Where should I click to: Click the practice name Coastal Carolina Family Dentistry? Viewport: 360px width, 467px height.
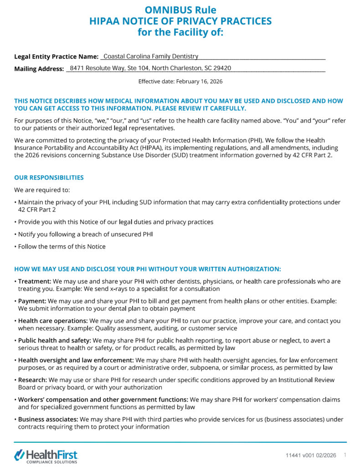click(x=151, y=57)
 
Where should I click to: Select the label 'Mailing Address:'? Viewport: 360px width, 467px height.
click(x=39, y=69)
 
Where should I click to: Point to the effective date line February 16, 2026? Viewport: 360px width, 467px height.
click(x=180, y=82)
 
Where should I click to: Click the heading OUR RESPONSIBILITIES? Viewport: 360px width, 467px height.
click(x=49, y=177)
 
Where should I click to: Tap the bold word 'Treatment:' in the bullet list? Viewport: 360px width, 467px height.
click(x=32, y=281)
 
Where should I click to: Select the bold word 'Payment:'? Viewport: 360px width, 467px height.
click(x=32, y=301)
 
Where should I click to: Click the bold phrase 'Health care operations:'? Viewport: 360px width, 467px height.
click(x=53, y=321)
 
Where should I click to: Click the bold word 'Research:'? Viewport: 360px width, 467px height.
click(x=32, y=379)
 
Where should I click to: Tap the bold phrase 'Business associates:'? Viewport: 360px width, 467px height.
click(x=48, y=419)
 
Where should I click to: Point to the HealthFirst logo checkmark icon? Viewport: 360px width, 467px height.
click(x=20, y=455)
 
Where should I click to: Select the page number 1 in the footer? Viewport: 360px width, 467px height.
click(x=345, y=455)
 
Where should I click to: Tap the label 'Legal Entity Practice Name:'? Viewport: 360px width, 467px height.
click(x=56, y=57)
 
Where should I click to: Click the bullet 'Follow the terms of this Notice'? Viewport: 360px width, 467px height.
click(x=62, y=247)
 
